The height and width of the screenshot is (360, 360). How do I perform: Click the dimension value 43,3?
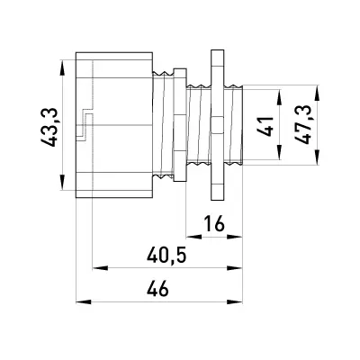pyautogui.click(x=49, y=127)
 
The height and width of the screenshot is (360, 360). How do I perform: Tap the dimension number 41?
pyautogui.click(x=265, y=127)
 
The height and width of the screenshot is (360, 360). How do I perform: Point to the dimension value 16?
pyautogui.click(x=214, y=223)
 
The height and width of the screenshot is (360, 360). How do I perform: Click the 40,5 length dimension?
pyautogui.click(x=166, y=256)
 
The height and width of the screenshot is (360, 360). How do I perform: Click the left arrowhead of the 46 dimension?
pyautogui.click(x=84, y=301)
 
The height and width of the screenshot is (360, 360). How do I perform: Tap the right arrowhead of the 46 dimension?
pyautogui.click(x=235, y=301)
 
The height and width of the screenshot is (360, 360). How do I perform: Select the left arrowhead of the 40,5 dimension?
pyautogui.click(x=100, y=267)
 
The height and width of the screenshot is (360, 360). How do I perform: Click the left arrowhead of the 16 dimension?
pyautogui.click(x=193, y=237)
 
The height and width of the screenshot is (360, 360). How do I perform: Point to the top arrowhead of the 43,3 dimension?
pyautogui.click(x=62, y=68)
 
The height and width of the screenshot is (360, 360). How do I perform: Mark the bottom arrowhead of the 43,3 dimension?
pyautogui.click(x=62, y=183)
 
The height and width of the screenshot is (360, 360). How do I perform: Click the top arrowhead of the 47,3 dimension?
pyautogui.click(x=317, y=94)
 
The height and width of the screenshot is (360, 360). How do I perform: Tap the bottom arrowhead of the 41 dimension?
pyautogui.click(x=279, y=152)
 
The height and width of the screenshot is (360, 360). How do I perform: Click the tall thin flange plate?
pyautogui.click(x=218, y=125)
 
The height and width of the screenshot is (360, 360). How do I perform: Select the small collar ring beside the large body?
pyautogui.click(x=180, y=125)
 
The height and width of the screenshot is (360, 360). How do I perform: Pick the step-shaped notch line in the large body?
pyautogui.click(x=85, y=124)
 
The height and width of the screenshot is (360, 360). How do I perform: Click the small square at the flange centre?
pyautogui.click(x=217, y=124)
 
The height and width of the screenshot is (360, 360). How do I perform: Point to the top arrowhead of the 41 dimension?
pyautogui.click(x=279, y=97)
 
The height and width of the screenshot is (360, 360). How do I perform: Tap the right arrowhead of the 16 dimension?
pyautogui.click(x=235, y=237)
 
